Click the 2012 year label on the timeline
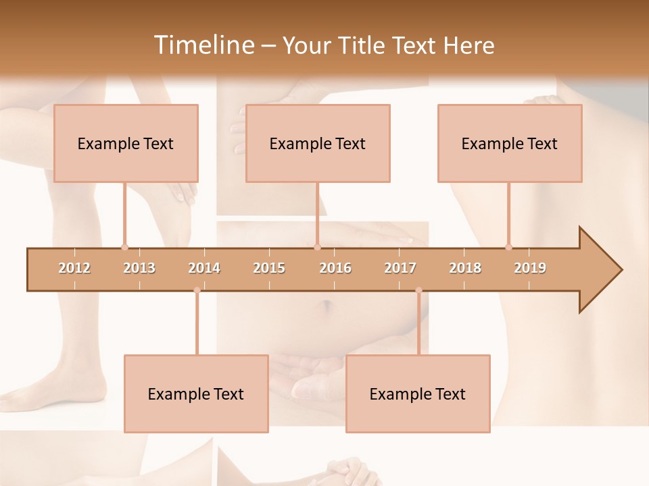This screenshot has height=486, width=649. point(74,268)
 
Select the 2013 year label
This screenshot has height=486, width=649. point(139,268)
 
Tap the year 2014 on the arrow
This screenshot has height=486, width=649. point(204,268)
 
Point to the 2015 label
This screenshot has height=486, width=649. point(269,268)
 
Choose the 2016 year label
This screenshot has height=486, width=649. point(335,268)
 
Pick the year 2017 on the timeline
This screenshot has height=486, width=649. point(400,268)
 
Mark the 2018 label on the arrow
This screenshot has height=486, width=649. point(465,268)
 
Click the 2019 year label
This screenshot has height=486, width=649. point(530,268)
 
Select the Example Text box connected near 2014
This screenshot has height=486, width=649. point(196,394)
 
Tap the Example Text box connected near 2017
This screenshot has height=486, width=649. point(418,394)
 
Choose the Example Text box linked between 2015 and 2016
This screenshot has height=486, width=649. point(318,143)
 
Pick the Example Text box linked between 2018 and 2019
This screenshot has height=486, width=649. point(510,143)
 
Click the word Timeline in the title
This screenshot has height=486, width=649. point(203,45)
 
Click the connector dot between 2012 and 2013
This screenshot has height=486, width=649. point(124,247)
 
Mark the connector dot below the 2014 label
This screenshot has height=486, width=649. point(197,290)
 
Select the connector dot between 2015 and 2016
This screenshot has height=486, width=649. point(317,247)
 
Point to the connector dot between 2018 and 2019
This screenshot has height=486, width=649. point(508,247)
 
